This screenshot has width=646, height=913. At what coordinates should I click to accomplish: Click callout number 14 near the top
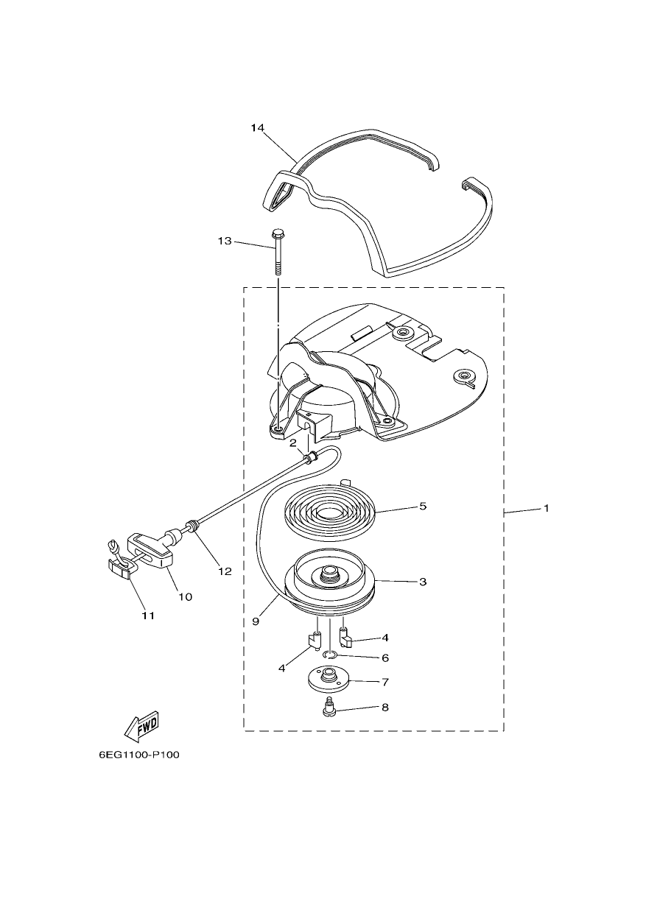(257, 128)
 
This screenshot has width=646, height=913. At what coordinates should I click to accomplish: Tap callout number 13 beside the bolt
(225, 241)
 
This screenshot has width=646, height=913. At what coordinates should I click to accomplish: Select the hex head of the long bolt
(276, 234)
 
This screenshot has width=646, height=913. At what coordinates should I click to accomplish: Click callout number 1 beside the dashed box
(546, 508)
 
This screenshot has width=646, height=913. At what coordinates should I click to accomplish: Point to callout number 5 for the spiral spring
(423, 506)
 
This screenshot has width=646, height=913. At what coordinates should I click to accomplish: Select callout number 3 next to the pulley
(423, 581)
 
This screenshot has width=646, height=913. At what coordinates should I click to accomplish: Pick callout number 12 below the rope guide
(225, 571)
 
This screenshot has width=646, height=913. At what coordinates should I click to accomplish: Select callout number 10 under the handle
(185, 596)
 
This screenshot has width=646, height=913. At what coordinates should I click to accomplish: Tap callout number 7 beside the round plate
(385, 682)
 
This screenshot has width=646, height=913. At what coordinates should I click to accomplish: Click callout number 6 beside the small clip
(385, 658)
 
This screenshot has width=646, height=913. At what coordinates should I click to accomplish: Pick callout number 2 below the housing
(293, 443)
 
